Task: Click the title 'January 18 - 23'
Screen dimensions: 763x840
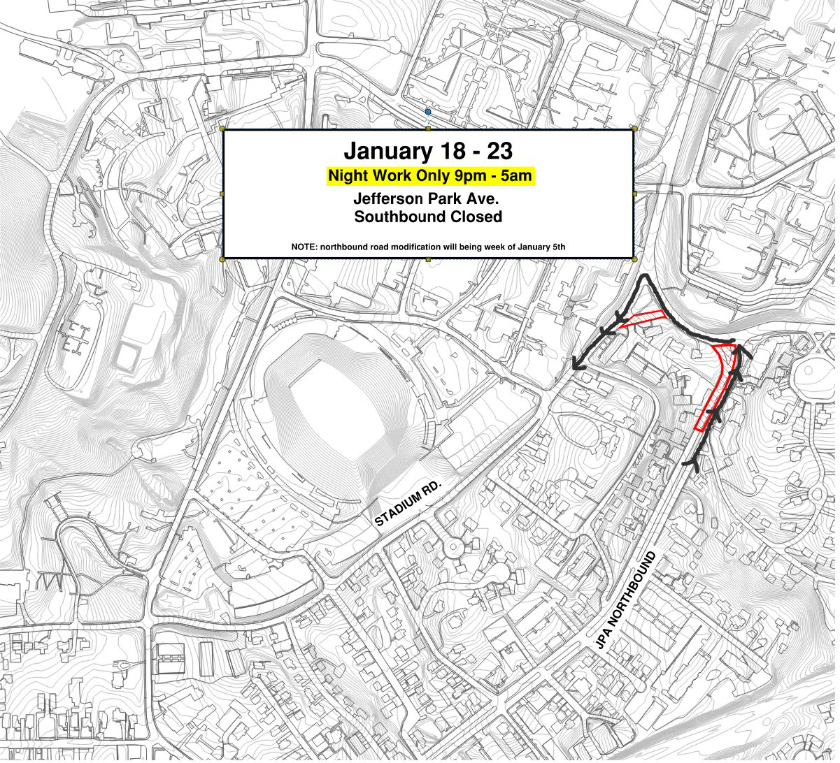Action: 428,151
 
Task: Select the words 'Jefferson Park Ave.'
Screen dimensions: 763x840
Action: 428,198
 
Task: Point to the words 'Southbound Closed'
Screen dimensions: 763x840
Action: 428,217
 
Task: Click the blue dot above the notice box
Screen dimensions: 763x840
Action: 428,112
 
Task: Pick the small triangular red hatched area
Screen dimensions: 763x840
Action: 642,319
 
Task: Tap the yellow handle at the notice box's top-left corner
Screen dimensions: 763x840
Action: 222,129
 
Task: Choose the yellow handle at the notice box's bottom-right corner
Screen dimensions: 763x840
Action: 634,259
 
